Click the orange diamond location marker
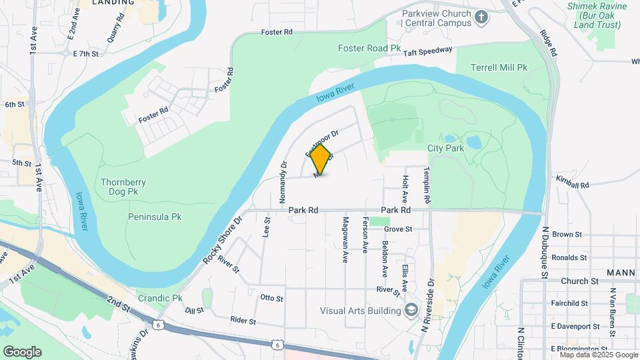321,160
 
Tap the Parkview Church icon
482,16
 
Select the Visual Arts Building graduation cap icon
412,310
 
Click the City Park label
445,149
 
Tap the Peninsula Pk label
155,217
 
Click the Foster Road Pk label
369,48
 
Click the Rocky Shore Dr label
221,239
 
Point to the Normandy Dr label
283,182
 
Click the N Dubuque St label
545,252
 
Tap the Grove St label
398,229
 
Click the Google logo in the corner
22,352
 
